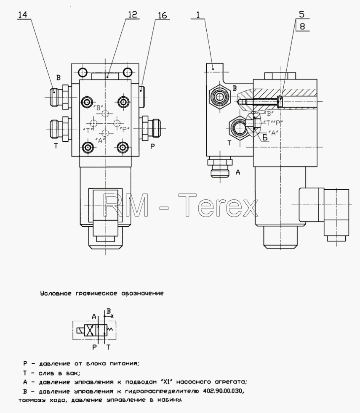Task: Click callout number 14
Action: [22, 14]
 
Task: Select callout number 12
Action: [133, 14]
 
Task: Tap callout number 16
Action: [162, 16]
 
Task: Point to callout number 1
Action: [198, 14]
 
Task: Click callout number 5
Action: [302, 14]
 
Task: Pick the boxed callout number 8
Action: [302, 26]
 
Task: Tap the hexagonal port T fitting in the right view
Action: [239, 128]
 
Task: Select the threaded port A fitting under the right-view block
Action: [219, 167]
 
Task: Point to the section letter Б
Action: [265, 137]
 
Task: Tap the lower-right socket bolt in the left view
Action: [123, 148]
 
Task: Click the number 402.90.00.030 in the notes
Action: [222, 391]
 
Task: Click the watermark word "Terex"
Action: [218, 205]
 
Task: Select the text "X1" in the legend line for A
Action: [167, 382]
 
